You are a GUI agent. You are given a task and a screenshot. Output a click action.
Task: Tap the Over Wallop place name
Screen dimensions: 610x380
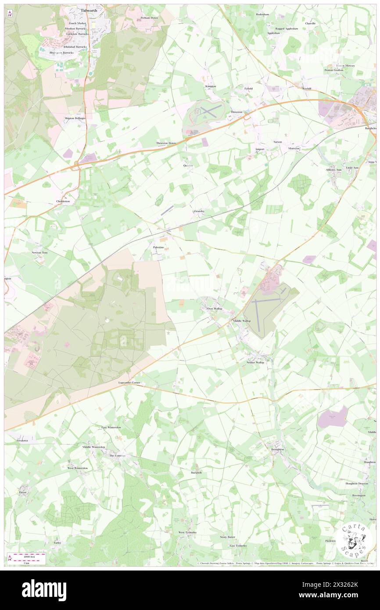point(215,309)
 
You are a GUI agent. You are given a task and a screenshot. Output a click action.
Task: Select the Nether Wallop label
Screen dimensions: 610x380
point(255,362)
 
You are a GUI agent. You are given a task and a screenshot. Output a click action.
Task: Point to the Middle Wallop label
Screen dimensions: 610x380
point(241,321)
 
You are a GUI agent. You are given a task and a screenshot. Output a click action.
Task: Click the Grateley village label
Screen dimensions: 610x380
point(199,211)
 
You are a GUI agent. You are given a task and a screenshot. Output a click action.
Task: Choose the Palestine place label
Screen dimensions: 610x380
point(158,248)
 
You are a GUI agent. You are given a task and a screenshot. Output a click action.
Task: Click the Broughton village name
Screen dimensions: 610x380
point(277,449)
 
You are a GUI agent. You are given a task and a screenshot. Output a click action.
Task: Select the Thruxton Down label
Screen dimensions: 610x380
point(166,143)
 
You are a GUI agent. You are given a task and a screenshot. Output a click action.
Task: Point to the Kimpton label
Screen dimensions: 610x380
point(211,86)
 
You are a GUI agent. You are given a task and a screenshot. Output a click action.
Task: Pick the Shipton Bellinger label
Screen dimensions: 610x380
point(75,118)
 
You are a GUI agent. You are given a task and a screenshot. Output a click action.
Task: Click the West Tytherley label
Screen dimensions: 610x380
point(187,532)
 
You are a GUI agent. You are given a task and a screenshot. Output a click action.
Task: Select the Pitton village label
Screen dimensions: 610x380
point(23,492)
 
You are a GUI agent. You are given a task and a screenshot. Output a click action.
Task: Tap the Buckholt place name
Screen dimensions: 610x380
point(196,473)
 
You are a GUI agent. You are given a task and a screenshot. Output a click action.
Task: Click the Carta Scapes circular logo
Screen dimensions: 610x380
point(355,541)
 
